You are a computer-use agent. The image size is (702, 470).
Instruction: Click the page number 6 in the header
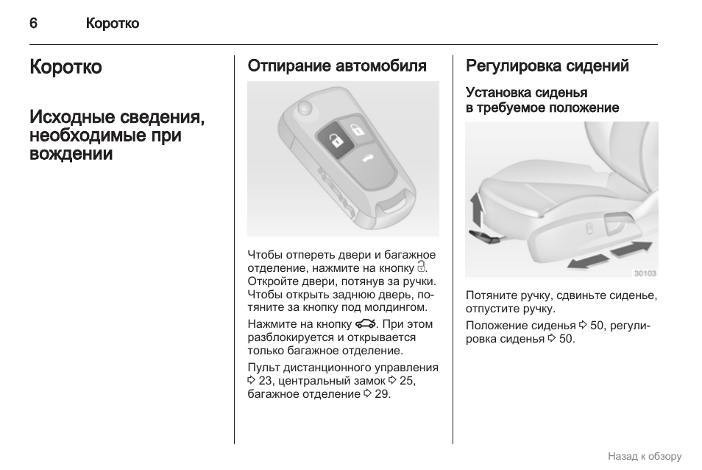(33, 24)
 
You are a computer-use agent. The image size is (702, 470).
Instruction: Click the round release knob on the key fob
(302, 108)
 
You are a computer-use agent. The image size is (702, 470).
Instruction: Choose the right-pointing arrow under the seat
(632, 248)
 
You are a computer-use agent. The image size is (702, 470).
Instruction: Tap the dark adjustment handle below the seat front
(483, 235)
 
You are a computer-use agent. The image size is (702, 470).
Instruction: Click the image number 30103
(645, 273)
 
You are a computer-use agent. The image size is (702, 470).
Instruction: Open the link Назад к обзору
(645, 456)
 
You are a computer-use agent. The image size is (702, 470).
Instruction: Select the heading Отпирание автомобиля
(337, 66)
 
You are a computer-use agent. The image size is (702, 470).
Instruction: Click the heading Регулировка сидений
(547, 66)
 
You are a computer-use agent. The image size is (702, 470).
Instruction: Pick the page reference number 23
(266, 381)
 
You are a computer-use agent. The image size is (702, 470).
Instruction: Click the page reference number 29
(381, 394)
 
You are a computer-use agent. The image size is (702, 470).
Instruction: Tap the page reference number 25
(407, 381)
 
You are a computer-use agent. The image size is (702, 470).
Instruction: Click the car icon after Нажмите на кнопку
(365, 324)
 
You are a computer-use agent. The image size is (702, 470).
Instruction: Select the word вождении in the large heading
(71, 154)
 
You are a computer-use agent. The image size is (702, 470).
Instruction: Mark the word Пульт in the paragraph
(263, 368)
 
